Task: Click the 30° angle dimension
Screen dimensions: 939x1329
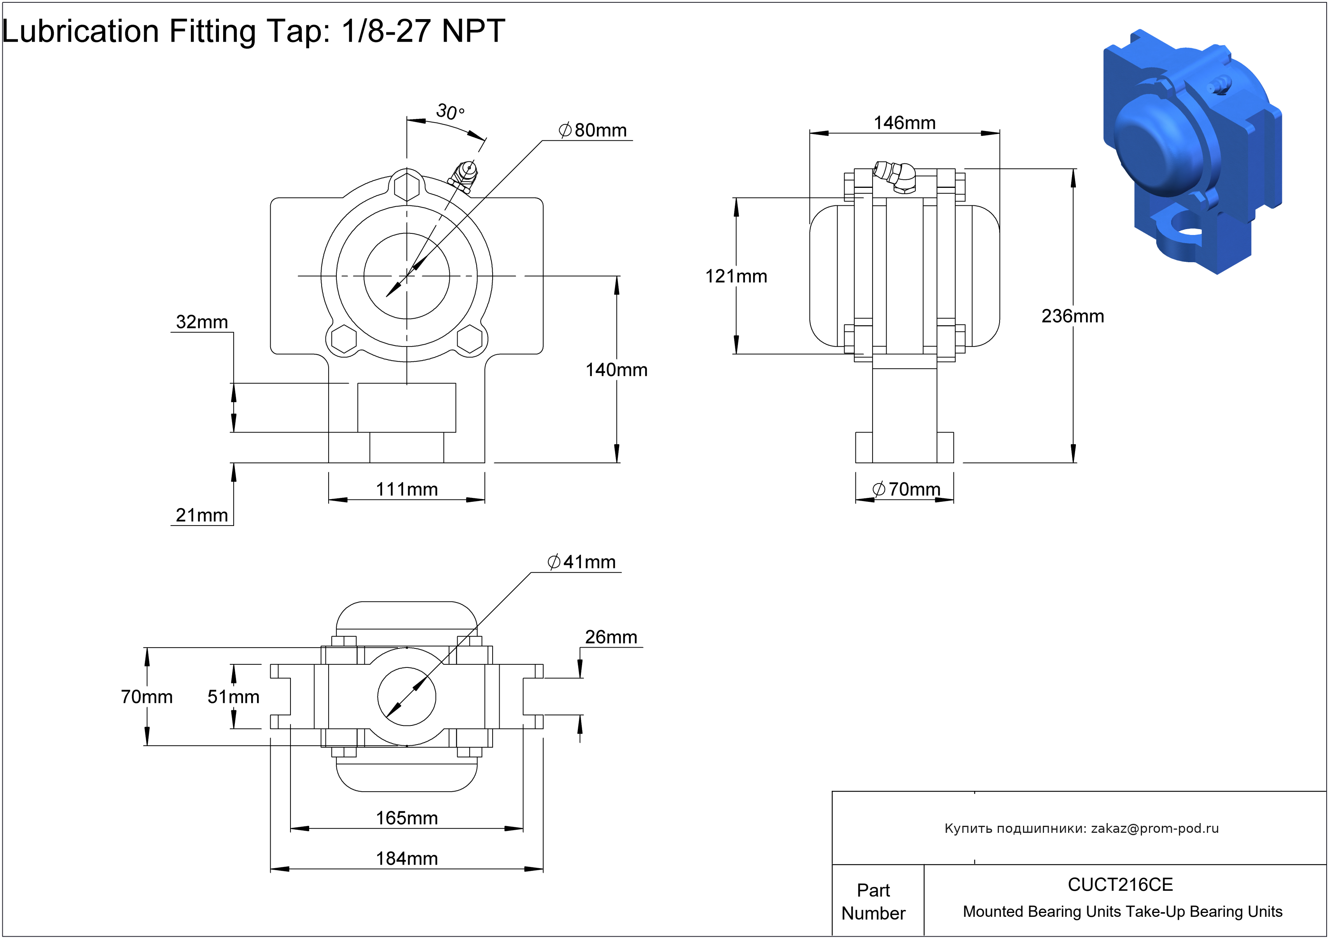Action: tap(450, 111)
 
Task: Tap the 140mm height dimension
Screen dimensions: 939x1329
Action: tap(616, 370)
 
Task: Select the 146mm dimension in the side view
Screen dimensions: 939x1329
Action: tap(904, 123)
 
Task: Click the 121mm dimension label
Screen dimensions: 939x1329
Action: tap(736, 276)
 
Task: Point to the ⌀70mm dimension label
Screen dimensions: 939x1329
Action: tap(906, 490)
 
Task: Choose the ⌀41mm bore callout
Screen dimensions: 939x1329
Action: tap(582, 562)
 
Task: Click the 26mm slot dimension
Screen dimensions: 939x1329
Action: tap(611, 637)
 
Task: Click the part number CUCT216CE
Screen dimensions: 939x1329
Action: tap(1120, 885)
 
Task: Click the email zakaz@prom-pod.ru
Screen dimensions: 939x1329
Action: tap(1155, 829)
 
